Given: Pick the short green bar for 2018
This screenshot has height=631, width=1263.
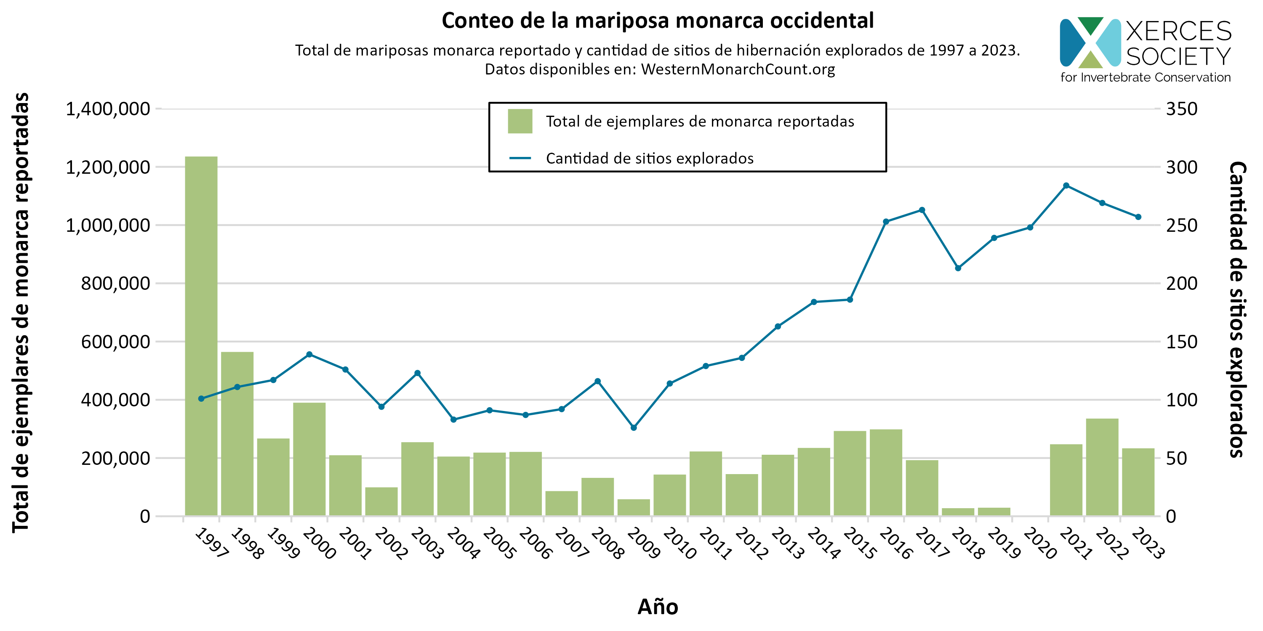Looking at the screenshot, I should (x=958, y=512).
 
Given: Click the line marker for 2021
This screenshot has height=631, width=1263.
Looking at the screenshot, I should (x=1066, y=186).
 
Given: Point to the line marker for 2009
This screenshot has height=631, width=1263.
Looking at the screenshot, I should (x=634, y=428).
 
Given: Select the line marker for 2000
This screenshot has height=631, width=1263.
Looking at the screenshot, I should (x=309, y=354).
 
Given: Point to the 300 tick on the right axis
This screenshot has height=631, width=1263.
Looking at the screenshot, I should (x=1182, y=167).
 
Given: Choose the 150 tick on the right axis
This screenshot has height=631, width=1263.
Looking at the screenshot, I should (x=1182, y=342).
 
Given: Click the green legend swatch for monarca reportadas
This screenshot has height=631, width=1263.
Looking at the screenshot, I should (x=520, y=122).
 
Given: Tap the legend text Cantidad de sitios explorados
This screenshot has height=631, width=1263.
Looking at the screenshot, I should (x=650, y=159).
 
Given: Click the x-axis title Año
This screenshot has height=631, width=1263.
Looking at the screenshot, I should (x=658, y=607).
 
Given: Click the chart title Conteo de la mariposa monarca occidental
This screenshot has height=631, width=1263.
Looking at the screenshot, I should (x=658, y=21).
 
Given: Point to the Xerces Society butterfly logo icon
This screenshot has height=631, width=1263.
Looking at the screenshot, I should (x=1090, y=42).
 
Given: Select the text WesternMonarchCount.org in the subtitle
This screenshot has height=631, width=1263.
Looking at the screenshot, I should (x=738, y=69).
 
